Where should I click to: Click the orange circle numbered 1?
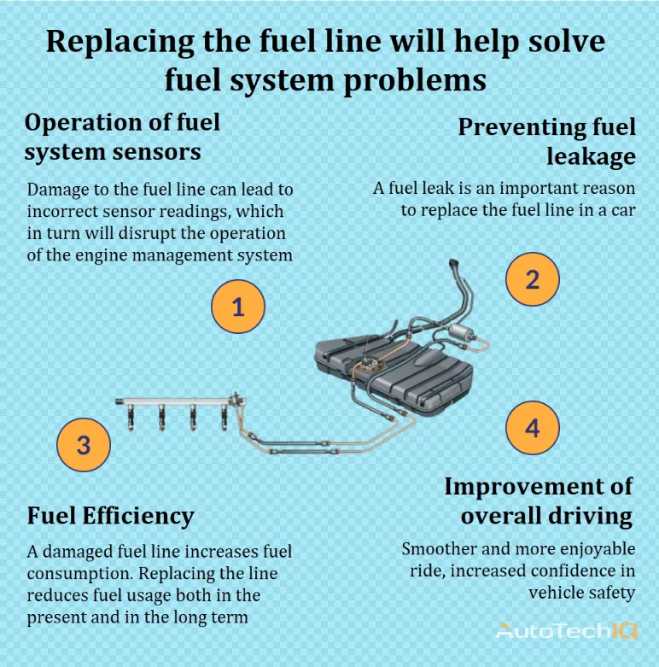pos(238,306)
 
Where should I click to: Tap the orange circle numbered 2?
pos(532,279)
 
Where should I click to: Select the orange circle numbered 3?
pos(83,444)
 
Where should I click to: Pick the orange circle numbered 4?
pos(532,427)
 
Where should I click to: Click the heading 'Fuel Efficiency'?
pos(110,516)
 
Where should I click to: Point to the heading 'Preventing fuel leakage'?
pos(547,141)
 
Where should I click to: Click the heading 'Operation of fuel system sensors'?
pos(122,137)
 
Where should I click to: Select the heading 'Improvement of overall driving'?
pos(539,500)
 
